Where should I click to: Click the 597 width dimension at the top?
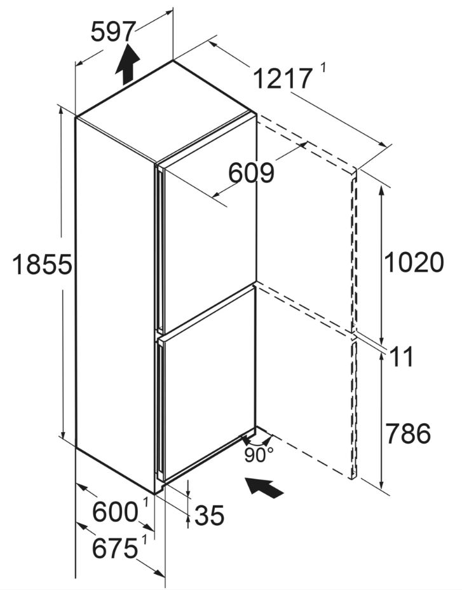pos(112,32)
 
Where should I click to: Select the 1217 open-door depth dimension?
pos(282,78)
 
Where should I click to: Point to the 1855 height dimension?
pos(42,264)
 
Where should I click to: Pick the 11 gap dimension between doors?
pos(402,356)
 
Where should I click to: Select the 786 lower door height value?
pos(408,433)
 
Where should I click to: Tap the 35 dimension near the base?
pos(209,515)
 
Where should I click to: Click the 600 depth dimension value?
pos(115,512)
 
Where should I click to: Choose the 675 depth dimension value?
pos(115,548)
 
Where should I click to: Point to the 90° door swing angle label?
pos(259,454)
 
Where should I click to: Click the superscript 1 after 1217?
pos(323,69)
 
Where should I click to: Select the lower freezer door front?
pos(210,384)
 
